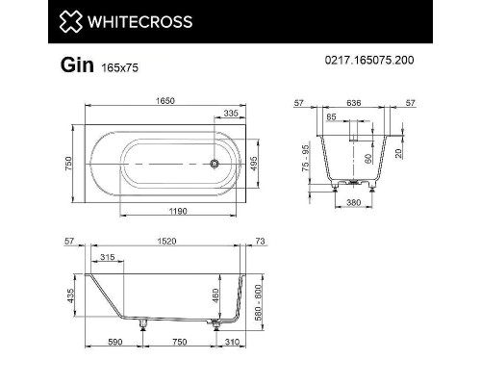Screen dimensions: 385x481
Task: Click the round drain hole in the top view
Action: point(216,163)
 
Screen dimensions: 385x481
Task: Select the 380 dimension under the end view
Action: point(355,203)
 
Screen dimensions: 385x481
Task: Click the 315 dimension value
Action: point(106,257)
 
